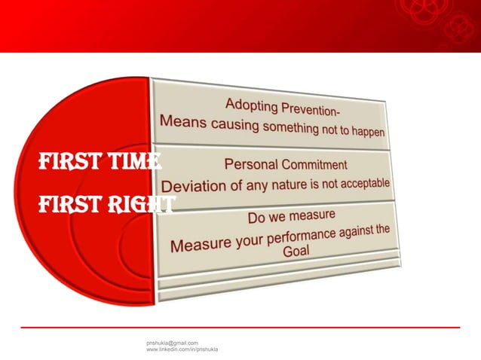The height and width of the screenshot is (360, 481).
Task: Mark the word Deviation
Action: click(x=190, y=185)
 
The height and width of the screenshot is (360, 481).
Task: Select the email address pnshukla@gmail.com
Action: click(x=172, y=343)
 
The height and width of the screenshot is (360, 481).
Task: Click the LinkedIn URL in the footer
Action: click(x=182, y=350)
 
